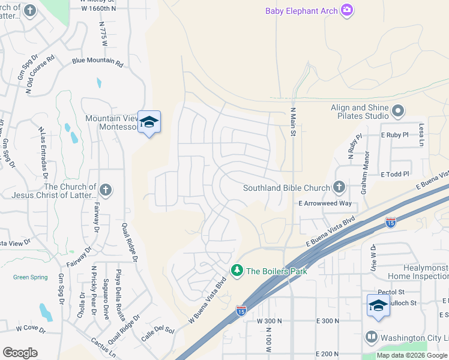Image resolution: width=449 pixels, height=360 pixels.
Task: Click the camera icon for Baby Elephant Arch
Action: click(346, 10)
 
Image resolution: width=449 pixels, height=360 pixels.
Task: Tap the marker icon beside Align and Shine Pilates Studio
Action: click(398, 111)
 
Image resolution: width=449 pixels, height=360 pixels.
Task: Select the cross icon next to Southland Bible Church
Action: click(339, 188)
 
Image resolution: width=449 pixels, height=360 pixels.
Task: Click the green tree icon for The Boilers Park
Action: click(238, 271)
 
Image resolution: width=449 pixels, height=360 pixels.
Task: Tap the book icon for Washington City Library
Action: click(371, 338)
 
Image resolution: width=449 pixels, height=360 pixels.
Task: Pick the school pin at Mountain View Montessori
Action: click(149, 122)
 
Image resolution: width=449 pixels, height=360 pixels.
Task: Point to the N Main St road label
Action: click(294, 122)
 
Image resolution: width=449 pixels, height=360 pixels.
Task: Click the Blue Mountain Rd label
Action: click(97, 62)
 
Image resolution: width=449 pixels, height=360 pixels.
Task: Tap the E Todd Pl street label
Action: click(394, 174)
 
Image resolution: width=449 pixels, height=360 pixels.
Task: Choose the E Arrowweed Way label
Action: click(325, 203)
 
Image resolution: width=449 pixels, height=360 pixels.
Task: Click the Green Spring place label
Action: click(30, 277)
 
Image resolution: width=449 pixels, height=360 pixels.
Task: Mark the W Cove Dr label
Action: click(31, 328)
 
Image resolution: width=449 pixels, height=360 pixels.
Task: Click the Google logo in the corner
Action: click(20, 353)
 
